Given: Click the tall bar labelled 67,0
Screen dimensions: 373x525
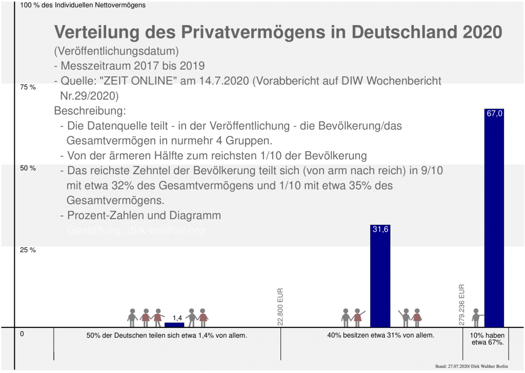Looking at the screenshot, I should [494, 220].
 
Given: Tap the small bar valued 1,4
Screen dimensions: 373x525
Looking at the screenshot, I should [174, 324].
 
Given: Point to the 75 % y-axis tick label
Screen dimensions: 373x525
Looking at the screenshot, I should [28, 87].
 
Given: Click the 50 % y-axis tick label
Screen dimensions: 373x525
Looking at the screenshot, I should [28, 169].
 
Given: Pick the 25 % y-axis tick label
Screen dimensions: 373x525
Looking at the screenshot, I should [28, 250].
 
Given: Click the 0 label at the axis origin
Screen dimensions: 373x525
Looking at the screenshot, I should [23, 334].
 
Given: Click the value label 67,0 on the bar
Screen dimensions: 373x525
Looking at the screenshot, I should [494, 114].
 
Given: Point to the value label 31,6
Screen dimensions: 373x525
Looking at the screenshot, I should [380, 230].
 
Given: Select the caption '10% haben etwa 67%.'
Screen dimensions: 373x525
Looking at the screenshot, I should [483, 339].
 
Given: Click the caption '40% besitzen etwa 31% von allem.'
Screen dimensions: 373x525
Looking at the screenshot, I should [380, 336].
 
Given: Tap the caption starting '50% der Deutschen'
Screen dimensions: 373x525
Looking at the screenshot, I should [167, 336].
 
